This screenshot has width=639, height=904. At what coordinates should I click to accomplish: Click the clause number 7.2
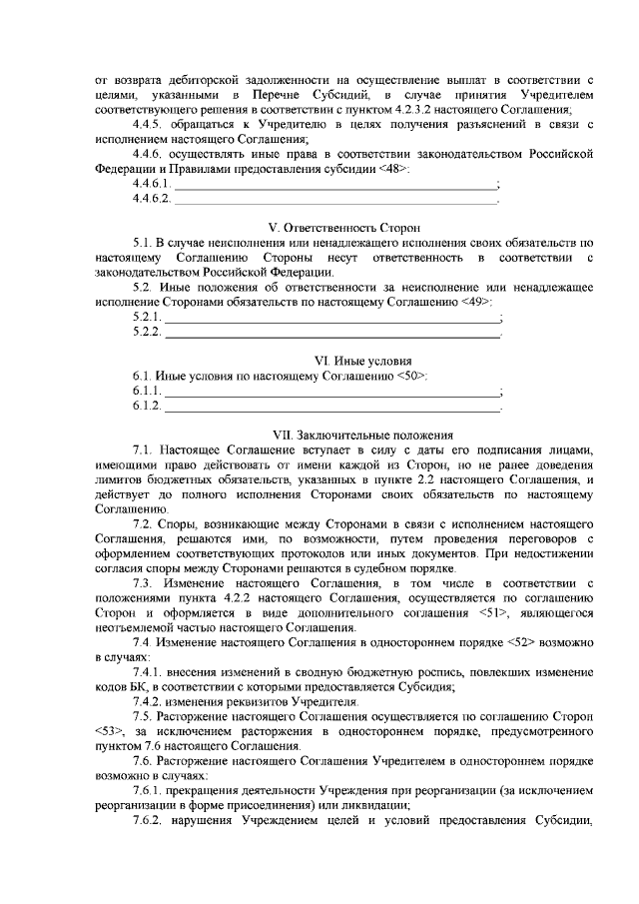click(142, 523)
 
